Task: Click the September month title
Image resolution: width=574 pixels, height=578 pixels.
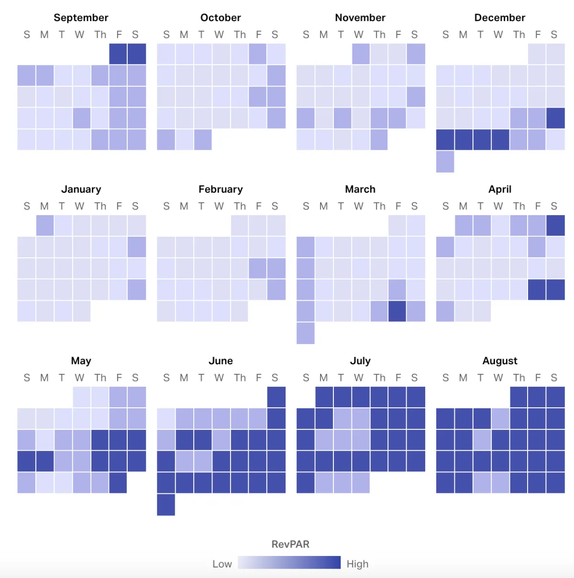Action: pos(81,18)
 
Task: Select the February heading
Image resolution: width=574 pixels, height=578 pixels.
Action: pos(221,189)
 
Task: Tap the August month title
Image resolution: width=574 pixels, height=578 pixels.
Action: pos(500,361)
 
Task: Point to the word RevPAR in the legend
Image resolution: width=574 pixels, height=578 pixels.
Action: pos(290,544)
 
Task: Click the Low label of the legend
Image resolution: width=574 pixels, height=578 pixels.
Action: pos(222,564)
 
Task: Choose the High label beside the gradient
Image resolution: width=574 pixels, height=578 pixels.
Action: pos(357,564)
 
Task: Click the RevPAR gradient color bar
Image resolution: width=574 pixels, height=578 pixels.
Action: pos(289,562)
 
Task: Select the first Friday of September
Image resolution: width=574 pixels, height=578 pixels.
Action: pos(118,54)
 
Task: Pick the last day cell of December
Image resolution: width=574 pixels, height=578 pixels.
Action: pos(445,162)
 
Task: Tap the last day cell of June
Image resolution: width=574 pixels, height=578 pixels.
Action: pos(166,505)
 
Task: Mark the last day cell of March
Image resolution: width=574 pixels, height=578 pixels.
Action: pos(306,333)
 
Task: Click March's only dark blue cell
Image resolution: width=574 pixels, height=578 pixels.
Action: pos(397,311)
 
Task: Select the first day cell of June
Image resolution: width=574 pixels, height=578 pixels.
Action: pos(276,397)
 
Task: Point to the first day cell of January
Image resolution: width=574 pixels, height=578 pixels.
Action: pos(45,226)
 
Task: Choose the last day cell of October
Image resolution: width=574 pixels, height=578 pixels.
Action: pos(203,140)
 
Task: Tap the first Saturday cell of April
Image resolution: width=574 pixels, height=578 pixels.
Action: pos(555,226)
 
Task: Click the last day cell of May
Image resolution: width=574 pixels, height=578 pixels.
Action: pos(118,483)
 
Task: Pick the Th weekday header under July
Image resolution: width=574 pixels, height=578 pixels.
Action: pos(379,378)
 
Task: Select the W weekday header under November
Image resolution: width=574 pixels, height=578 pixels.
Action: pos(358,35)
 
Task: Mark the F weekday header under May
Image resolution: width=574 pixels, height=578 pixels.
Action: pos(119,378)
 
